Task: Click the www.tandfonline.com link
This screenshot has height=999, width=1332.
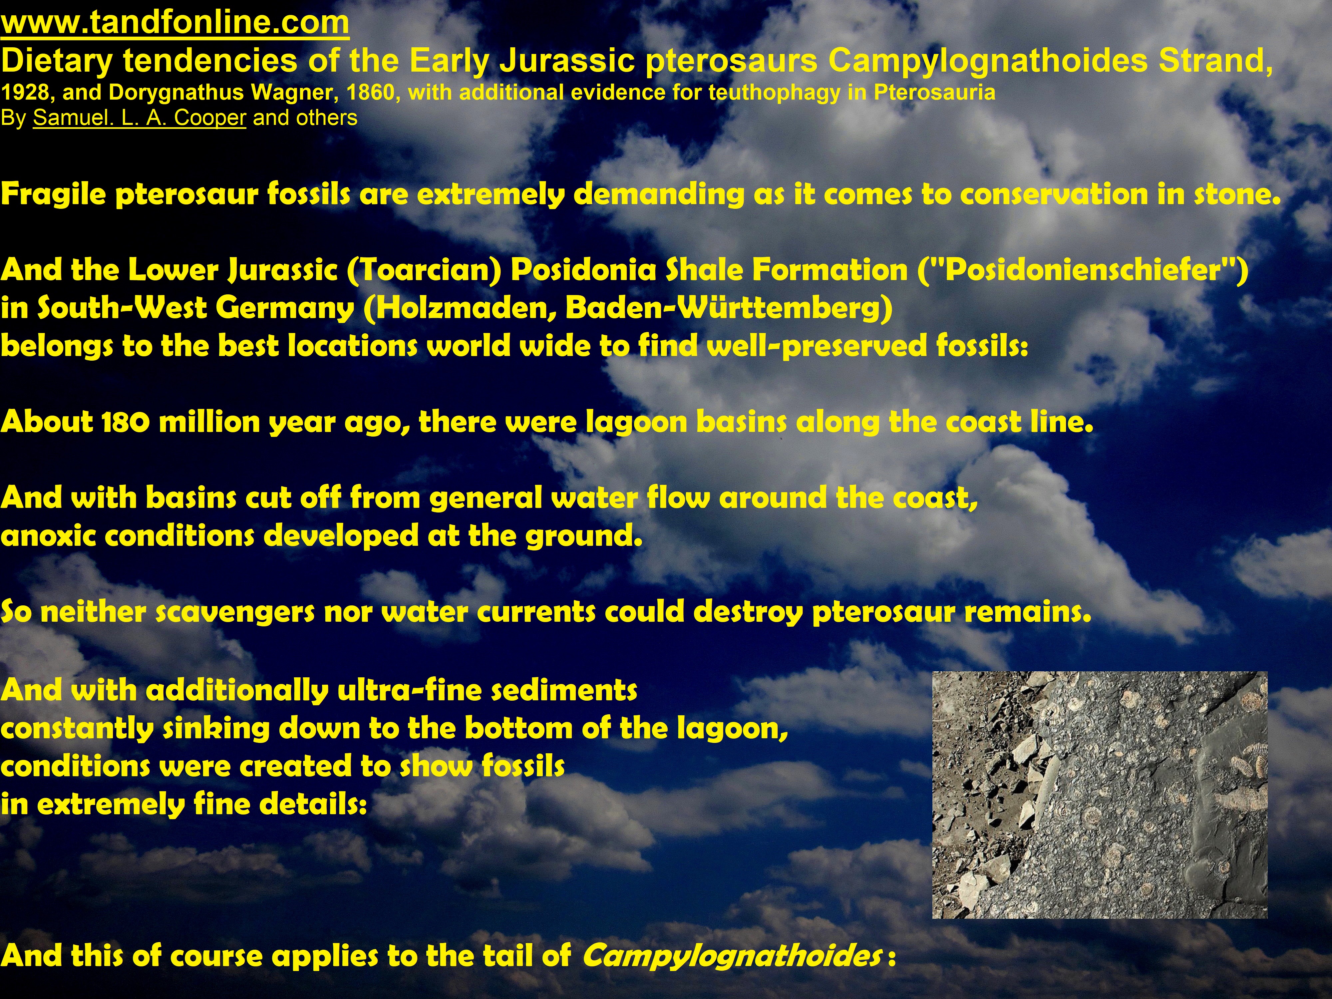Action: [174, 23]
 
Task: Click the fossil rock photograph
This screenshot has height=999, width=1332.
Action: [1100, 795]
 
